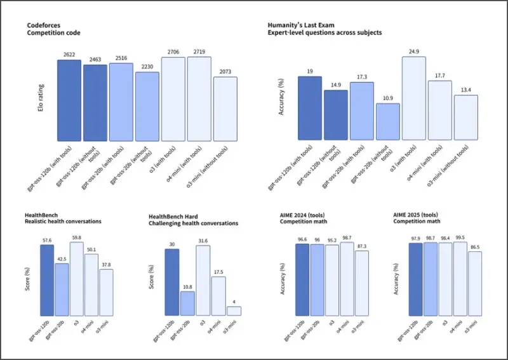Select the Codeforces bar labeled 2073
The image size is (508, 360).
point(225,109)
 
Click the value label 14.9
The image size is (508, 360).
point(336,84)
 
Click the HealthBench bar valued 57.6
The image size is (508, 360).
point(46,280)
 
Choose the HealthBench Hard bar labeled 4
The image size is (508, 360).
point(234,311)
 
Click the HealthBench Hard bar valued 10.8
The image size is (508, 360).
point(187,303)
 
